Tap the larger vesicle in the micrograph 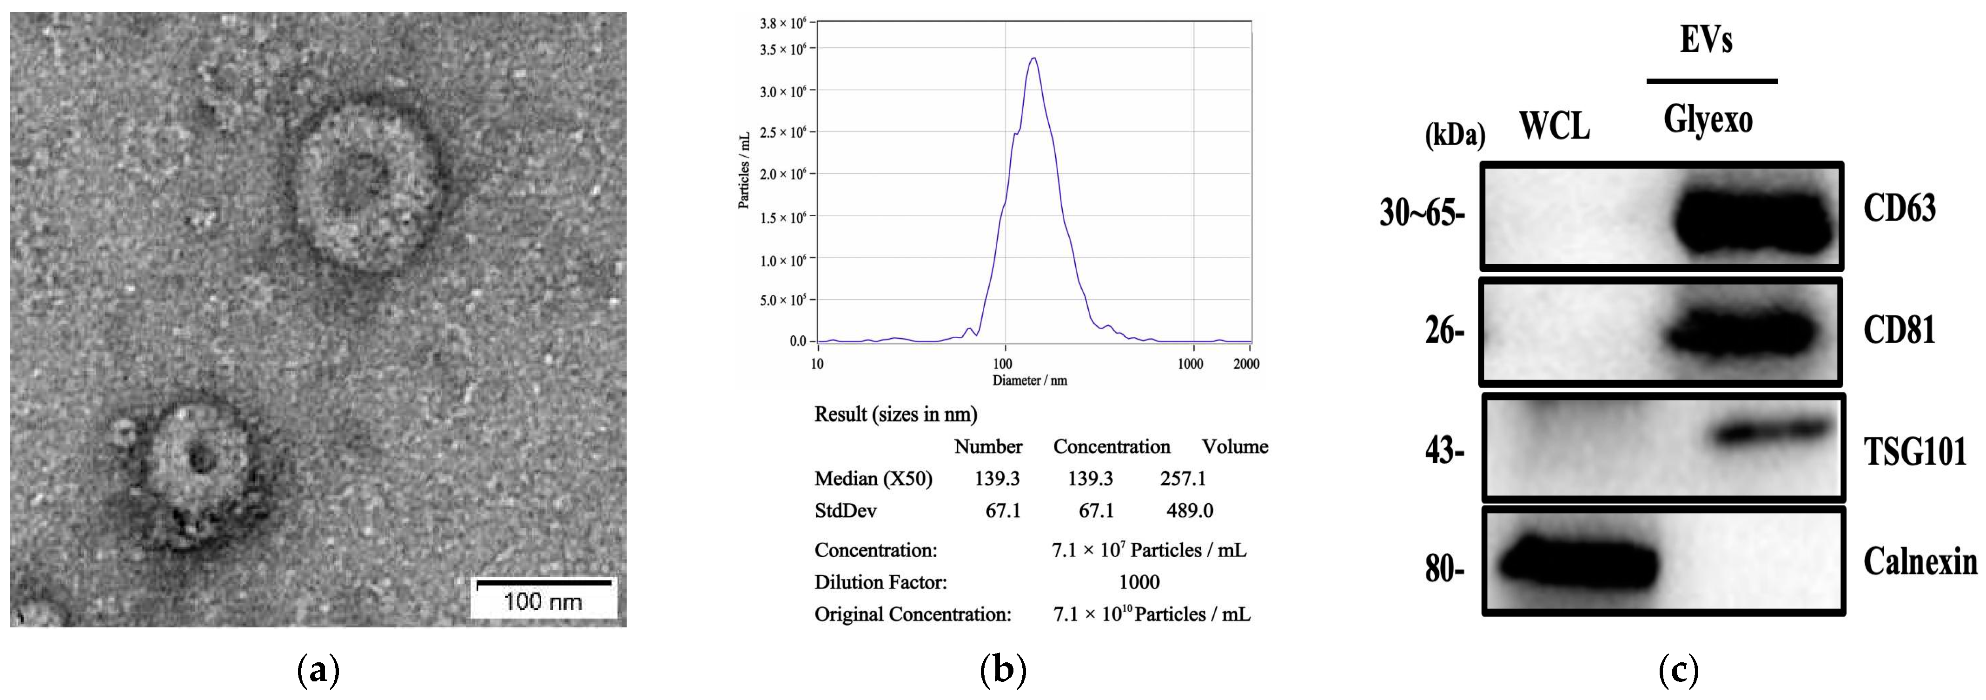pos(362,185)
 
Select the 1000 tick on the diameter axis pos(1191,364)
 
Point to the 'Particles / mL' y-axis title pos(744,170)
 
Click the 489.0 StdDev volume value pos(1190,510)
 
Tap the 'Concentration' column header pos(1111,447)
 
